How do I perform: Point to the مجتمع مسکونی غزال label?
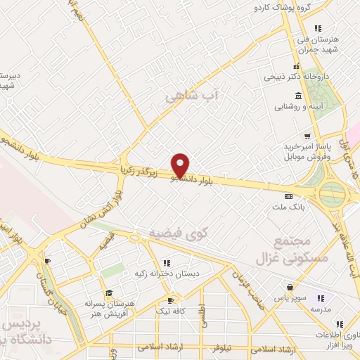[x=289, y=249]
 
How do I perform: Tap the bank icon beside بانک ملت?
[x=287, y=196]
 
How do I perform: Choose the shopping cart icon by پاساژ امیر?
[x=306, y=136]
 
